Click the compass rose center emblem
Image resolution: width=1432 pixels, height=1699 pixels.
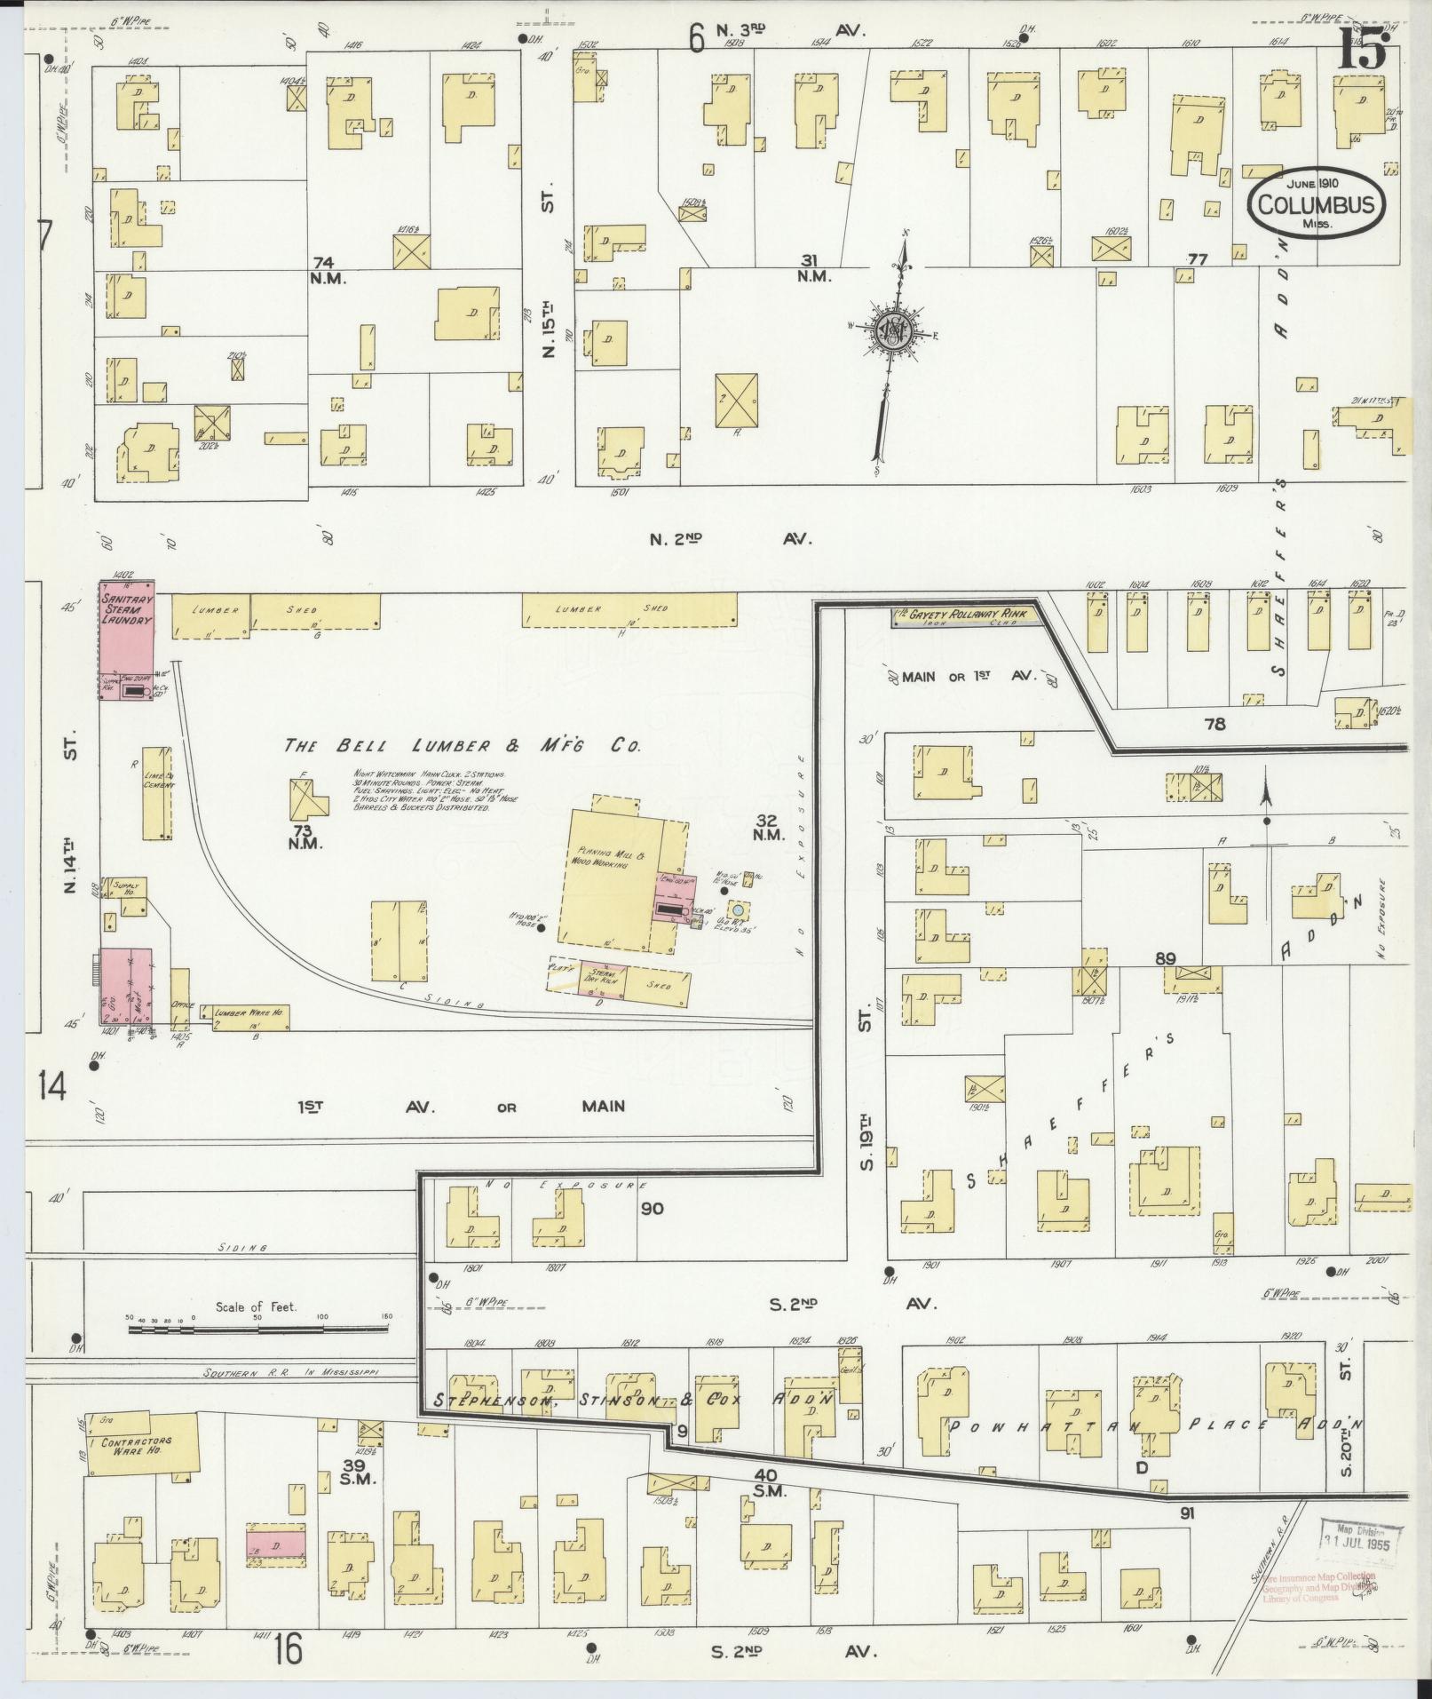point(894,330)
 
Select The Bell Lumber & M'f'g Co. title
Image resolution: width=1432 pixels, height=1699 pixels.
point(462,747)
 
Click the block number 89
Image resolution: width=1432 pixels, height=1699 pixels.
point(1166,958)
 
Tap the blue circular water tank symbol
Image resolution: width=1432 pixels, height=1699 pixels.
point(736,910)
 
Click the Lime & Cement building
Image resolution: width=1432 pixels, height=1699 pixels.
point(158,792)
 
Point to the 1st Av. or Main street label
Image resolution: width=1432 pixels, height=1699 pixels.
point(462,1106)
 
